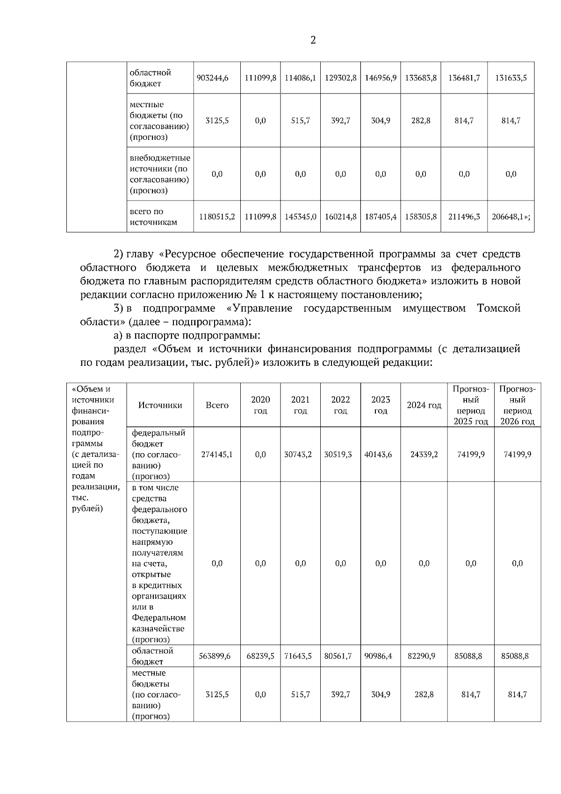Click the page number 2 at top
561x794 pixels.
click(x=313, y=40)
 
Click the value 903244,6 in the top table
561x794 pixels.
click(x=217, y=78)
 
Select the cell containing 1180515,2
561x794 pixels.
click(x=217, y=217)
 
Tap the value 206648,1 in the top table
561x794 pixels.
click(x=511, y=217)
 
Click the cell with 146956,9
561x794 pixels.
click(x=381, y=78)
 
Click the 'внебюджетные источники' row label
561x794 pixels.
click(x=160, y=174)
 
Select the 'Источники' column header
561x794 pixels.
click(x=160, y=405)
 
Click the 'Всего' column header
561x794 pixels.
click(x=217, y=405)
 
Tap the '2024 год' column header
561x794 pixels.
click(x=424, y=405)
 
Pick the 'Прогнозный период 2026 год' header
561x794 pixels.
click(x=517, y=405)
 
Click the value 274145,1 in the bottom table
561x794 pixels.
click(x=217, y=454)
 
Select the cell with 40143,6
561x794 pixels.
click(x=381, y=454)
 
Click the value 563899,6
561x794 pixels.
click(x=215, y=656)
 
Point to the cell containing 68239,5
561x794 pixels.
click(x=260, y=656)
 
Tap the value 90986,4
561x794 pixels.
click(x=381, y=656)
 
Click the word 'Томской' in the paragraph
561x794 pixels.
click(x=498, y=309)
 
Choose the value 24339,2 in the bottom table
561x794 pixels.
click(x=424, y=454)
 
